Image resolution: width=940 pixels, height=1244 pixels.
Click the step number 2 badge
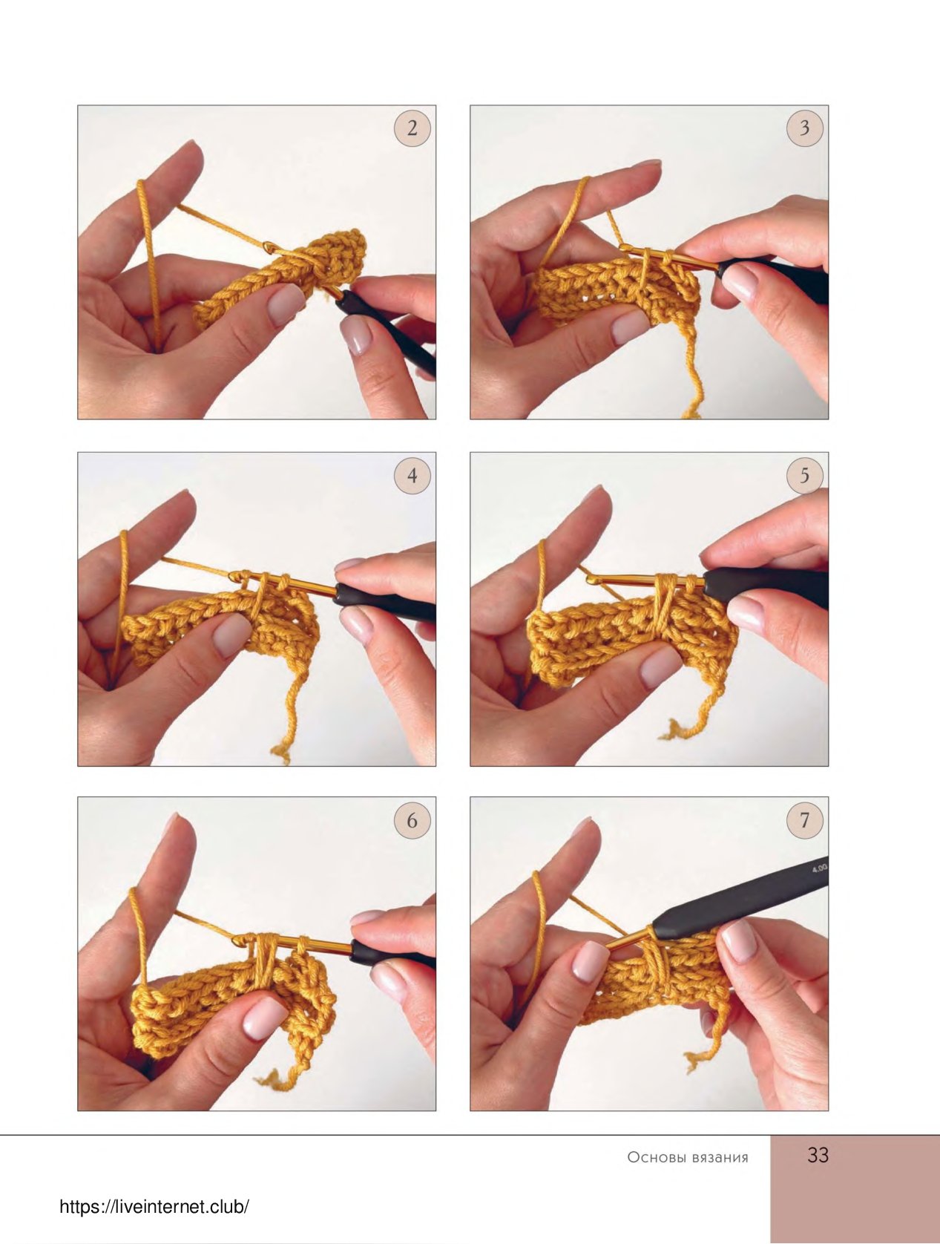click(x=413, y=128)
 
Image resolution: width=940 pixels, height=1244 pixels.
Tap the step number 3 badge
click(x=805, y=128)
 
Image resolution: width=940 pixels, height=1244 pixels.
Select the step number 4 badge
click(x=413, y=475)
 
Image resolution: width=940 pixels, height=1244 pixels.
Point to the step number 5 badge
click(x=805, y=475)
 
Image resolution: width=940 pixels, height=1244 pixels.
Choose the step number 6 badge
click(x=413, y=820)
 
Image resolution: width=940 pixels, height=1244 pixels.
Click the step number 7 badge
click(x=805, y=820)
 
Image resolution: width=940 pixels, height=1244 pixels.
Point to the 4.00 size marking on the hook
click(x=819, y=868)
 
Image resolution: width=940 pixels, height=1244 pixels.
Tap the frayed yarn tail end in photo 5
click(x=668, y=730)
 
